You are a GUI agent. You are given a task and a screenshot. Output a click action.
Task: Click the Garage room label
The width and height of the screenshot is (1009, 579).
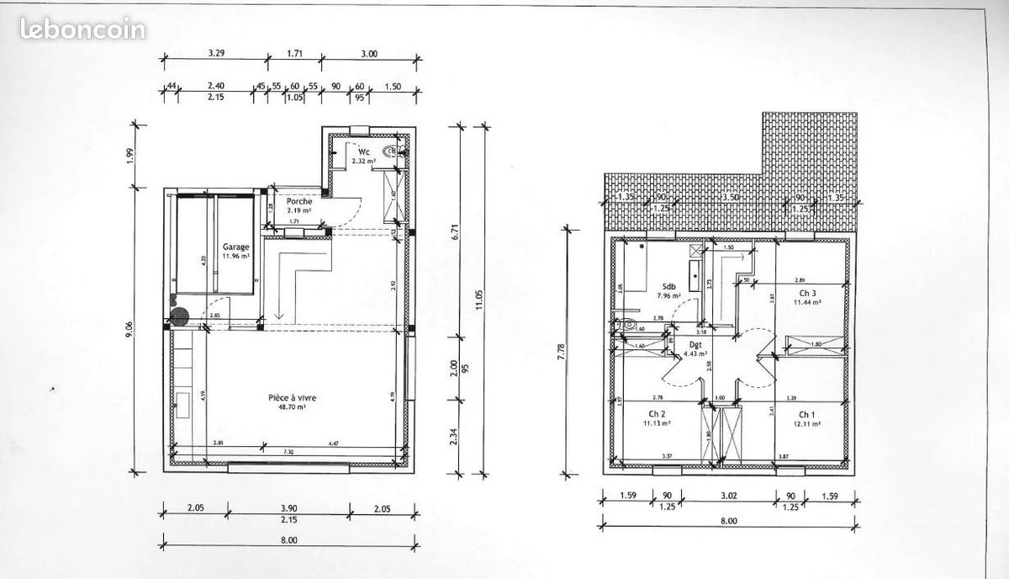[235, 247]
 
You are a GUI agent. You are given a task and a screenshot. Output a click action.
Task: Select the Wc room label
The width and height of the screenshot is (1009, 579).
[364, 151]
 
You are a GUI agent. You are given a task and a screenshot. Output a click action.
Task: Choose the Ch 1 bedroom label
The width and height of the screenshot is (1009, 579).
[806, 414]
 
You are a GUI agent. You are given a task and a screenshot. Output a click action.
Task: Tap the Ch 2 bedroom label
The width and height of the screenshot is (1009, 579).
[657, 414]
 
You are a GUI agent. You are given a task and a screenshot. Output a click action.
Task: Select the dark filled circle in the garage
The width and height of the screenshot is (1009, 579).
[179, 318]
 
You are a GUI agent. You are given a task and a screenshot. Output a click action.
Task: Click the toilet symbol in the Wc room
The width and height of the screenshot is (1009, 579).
[390, 151]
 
